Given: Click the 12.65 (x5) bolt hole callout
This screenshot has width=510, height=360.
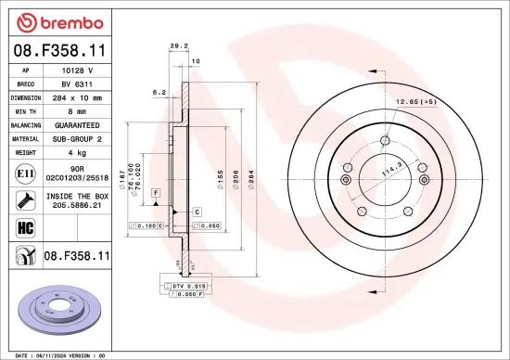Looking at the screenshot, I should pyautogui.click(x=414, y=101).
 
